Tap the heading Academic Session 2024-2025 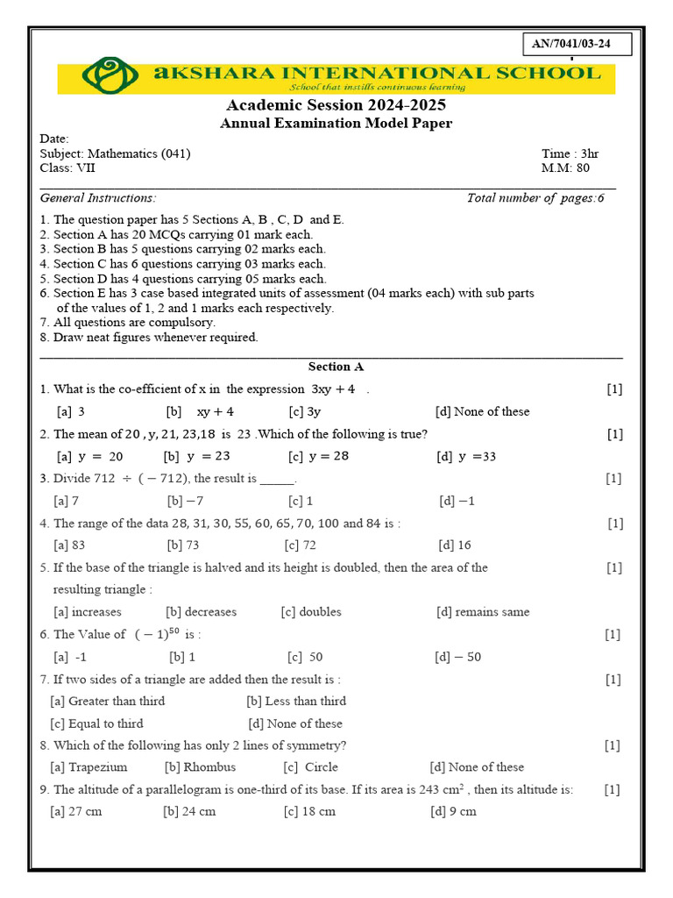point(336,105)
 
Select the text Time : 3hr point(570,153)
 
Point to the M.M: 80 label point(566,168)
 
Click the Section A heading point(336,367)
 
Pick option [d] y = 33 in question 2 point(466,456)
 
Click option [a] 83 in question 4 point(69,545)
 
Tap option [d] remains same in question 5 point(483,612)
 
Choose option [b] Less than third point(296,701)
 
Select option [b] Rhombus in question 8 point(200,767)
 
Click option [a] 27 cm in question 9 point(76,811)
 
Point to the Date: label point(54,139)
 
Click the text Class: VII point(68,168)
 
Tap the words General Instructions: point(98,198)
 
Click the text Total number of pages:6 point(535,198)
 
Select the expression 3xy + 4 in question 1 point(333,389)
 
